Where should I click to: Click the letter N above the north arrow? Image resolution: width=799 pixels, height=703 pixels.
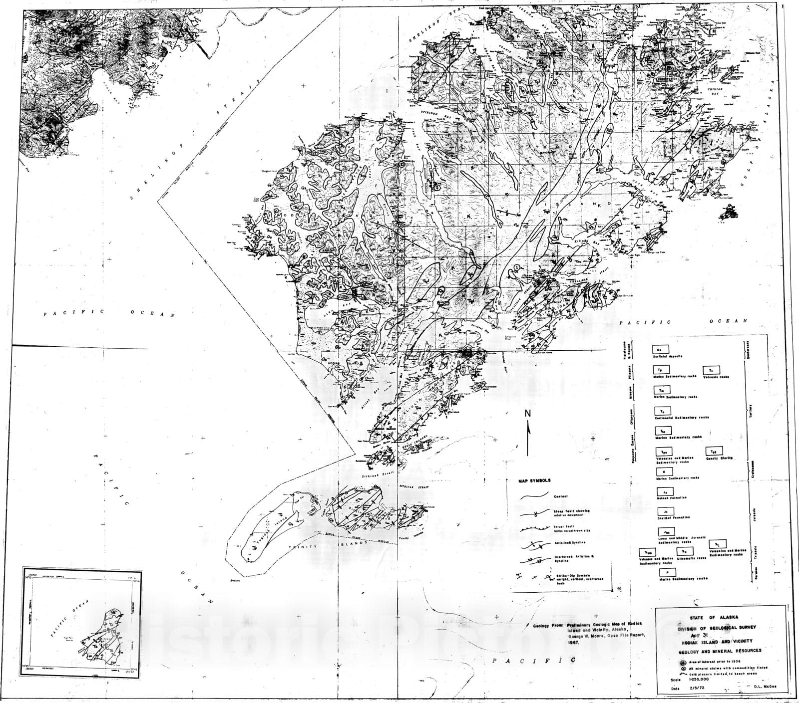pos(527,413)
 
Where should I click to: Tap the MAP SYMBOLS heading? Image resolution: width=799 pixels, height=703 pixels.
pos(535,481)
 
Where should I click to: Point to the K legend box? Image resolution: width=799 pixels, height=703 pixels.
pos(664,471)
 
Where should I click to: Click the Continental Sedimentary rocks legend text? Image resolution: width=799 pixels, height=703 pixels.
pos(682,417)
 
